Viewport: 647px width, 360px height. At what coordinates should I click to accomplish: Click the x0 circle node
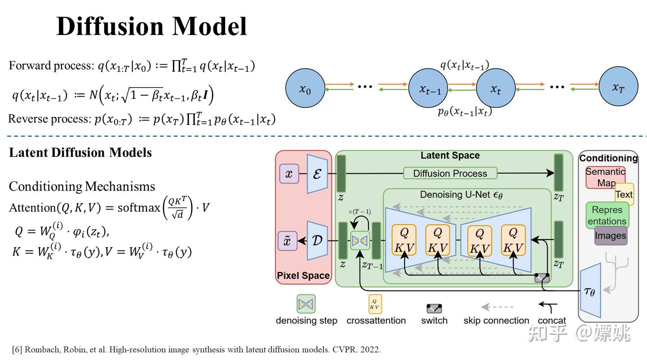pos(305,89)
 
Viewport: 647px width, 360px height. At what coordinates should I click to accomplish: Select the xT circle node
pos(618,87)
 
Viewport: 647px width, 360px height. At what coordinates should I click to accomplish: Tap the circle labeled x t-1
pos(429,89)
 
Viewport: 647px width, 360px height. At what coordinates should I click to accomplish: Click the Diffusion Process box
pos(450,173)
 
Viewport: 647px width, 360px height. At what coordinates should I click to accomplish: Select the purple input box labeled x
pos(288,174)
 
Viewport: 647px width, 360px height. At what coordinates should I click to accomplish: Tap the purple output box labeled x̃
pos(288,241)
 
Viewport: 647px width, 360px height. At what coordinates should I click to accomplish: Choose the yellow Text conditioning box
pos(625,194)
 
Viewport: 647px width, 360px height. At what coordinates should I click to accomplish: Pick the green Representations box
pos(607,215)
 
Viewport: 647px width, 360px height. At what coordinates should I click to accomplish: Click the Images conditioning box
pos(610,236)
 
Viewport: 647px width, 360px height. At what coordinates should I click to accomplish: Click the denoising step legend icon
pos(306,304)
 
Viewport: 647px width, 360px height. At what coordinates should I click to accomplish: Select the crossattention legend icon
pos(375,304)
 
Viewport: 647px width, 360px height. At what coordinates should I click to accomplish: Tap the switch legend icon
pos(434,308)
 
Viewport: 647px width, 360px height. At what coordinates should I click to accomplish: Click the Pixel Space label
pos(303,276)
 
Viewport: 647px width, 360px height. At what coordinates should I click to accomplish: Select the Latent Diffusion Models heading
pos(80,152)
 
